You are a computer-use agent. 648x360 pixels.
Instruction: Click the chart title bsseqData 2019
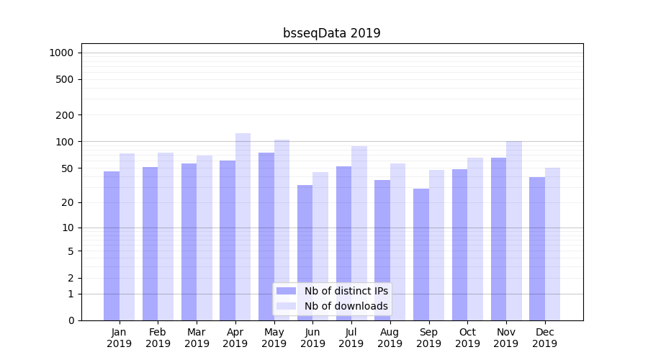pos(332,33)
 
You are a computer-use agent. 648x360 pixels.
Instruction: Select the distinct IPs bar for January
pos(112,246)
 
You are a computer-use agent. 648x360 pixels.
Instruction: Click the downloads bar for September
pos(436,245)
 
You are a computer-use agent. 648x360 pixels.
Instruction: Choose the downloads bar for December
pos(552,244)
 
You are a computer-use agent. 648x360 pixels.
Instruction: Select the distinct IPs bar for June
pos(305,253)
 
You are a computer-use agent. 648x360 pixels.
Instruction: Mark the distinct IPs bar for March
pos(189,242)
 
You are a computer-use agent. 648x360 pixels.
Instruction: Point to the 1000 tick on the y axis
pos(61,53)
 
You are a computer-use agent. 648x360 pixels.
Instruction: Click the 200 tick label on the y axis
pos(66,115)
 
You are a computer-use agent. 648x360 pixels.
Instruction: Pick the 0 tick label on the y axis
pos(71,320)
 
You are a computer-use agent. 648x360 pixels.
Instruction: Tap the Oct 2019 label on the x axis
pos(467,338)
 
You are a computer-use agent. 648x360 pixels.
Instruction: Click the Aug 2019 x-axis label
pos(390,338)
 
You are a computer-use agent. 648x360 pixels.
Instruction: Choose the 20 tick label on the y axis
pos(68,202)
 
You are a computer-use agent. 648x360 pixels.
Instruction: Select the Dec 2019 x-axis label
pos(544,338)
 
